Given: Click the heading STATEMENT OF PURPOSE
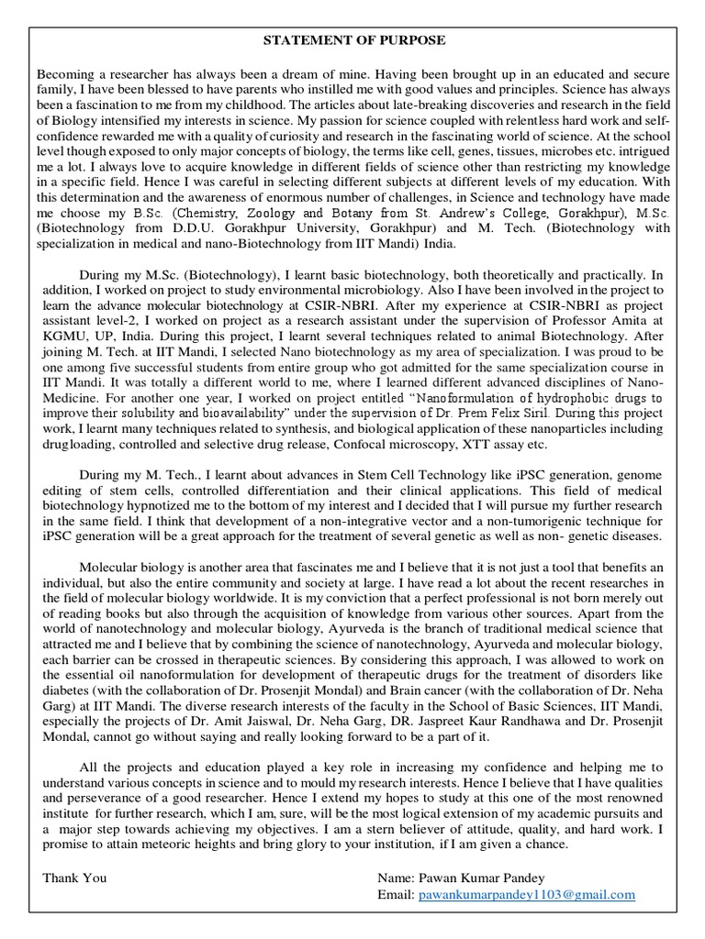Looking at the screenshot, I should [354, 41].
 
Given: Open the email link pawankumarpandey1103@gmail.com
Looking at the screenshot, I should [527, 894].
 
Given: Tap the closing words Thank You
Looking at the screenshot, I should [74, 878].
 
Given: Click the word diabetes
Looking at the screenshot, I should [65, 690].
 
